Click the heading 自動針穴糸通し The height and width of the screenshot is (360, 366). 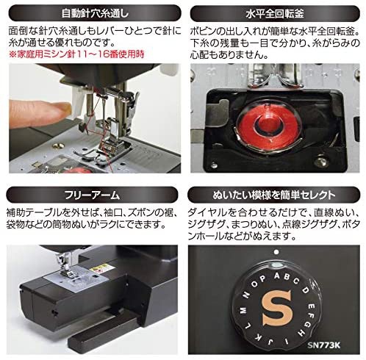click(x=92, y=12)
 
